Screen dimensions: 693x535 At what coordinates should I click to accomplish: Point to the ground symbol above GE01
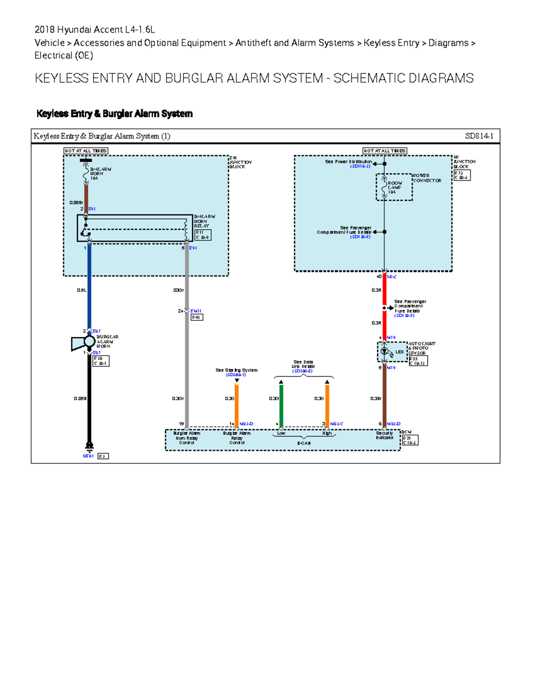tap(89, 447)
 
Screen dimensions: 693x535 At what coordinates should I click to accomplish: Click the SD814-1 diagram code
tap(479, 136)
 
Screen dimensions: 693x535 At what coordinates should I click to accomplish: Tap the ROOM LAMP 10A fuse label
tap(395, 187)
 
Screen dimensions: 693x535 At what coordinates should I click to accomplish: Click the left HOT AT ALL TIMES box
tap(86, 151)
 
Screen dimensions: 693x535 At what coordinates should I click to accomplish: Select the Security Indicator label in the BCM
tap(384, 436)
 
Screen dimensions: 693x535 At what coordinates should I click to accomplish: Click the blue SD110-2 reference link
tap(360, 166)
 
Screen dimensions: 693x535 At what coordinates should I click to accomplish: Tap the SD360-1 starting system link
tap(236, 375)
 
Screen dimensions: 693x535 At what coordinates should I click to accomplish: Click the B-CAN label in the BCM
tap(304, 443)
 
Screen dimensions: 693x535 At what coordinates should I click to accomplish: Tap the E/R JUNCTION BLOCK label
tap(240, 162)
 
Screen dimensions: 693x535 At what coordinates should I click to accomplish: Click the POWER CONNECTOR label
tap(427, 178)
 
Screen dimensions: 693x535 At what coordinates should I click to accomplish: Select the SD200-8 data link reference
tap(303, 371)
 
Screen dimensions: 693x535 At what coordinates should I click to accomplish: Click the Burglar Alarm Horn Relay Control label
tap(186, 438)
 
